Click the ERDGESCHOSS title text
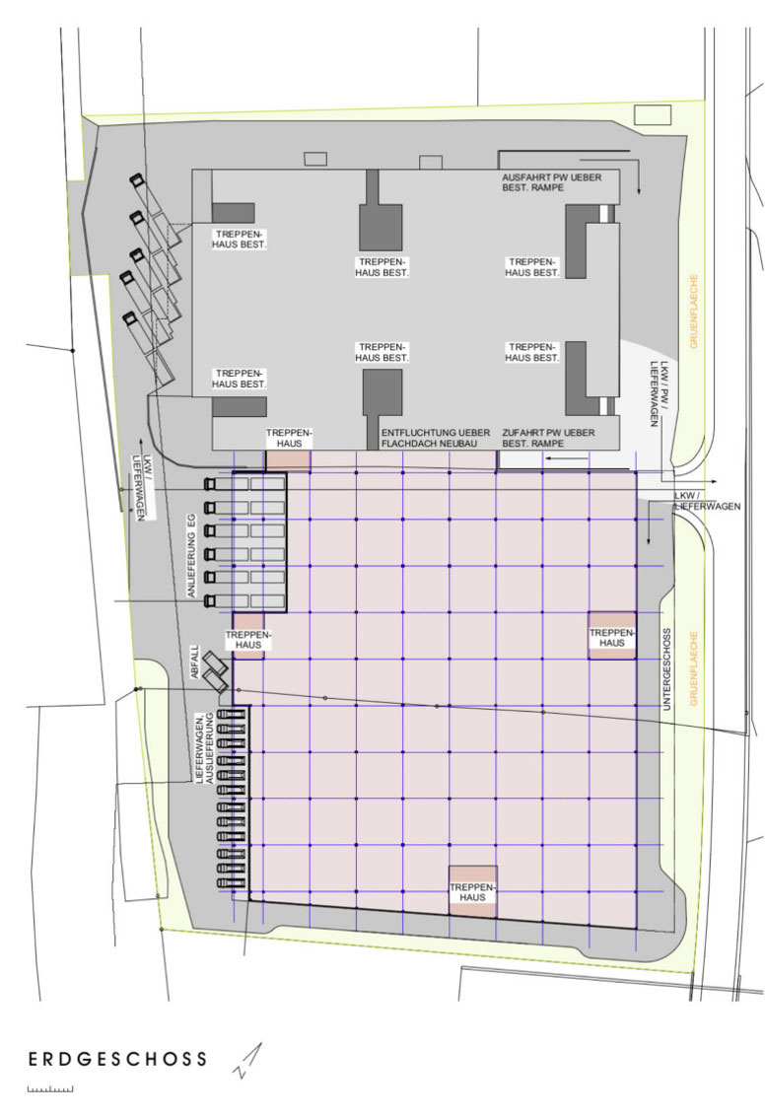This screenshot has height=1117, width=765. [x=117, y=1059]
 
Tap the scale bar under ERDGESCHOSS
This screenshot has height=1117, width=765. [x=50, y=1088]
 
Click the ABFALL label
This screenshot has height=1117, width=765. [x=194, y=662]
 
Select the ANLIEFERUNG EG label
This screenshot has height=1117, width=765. [x=191, y=555]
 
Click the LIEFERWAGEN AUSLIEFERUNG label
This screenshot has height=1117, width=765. [x=204, y=748]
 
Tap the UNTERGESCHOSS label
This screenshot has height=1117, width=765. [x=667, y=668]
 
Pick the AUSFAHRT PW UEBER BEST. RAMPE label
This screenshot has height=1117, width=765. [x=551, y=182]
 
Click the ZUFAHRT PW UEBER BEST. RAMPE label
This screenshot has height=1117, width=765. [x=548, y=438]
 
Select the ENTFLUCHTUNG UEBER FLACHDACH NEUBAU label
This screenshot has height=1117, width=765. [x=435, y=438]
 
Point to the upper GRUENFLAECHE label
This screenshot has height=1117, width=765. [x=694, y=312]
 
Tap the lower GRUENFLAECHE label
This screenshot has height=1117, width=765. [x=694, y=667]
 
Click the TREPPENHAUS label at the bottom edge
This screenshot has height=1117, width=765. [x=472, y=892]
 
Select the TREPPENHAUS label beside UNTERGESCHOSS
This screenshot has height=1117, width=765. [x=612, y=638]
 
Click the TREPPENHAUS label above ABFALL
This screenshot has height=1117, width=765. [x=248, y=640]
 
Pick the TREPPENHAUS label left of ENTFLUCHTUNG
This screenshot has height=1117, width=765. [x=289, y=438]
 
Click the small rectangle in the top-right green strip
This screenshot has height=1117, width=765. [x=653, y=114]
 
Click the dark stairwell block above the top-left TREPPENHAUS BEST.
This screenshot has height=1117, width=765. [x=233, y=213]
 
